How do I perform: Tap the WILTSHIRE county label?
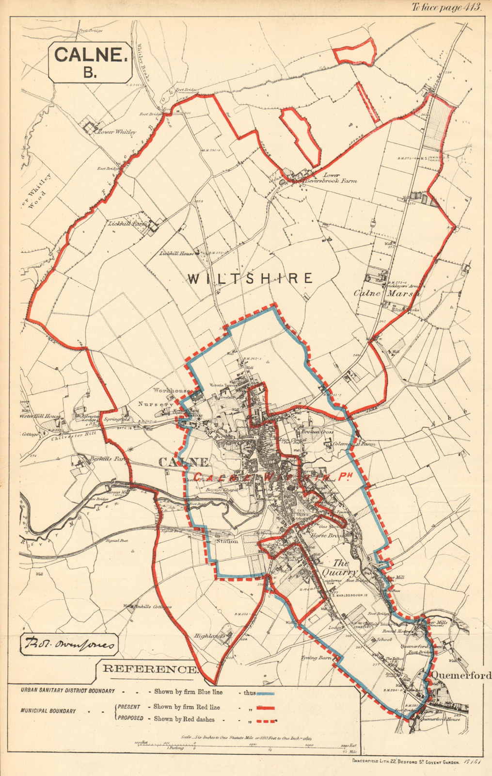250,278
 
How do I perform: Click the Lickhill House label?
176,254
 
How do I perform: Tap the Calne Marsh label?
386,293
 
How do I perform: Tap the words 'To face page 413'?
445,7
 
